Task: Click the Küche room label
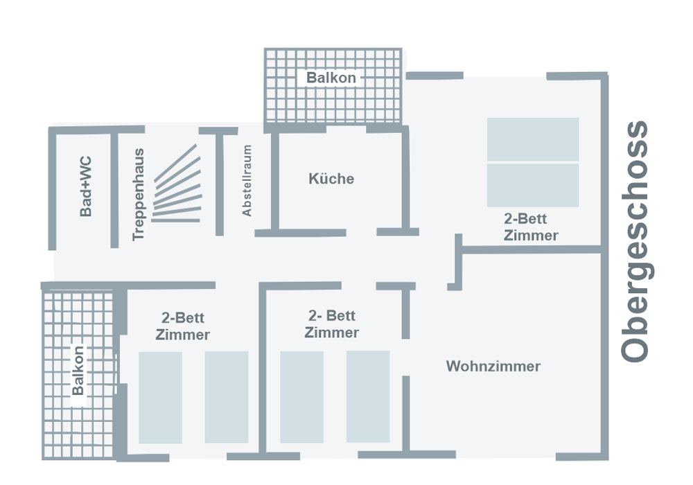coord(331,179)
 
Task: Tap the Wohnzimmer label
coord(493,366)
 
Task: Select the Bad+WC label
coord(86,186)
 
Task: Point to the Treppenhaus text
coord(139,195)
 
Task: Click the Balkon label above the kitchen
coord(331,78)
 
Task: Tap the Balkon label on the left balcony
coord(78,371)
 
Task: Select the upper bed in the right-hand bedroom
coord(532,139)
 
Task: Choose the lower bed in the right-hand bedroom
coord(532,185)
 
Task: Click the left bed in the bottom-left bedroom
coord(160,397)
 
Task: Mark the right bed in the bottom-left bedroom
coord(227,397)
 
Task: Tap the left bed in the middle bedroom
coord(301,397)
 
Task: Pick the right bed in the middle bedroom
coord(368,396)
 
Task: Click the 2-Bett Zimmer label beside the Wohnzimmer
coord(331,324)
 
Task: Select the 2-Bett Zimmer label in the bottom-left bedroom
coord(183,326)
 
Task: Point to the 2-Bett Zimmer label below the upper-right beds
coord(531,227)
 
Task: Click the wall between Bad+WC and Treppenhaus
coord(114,187)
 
